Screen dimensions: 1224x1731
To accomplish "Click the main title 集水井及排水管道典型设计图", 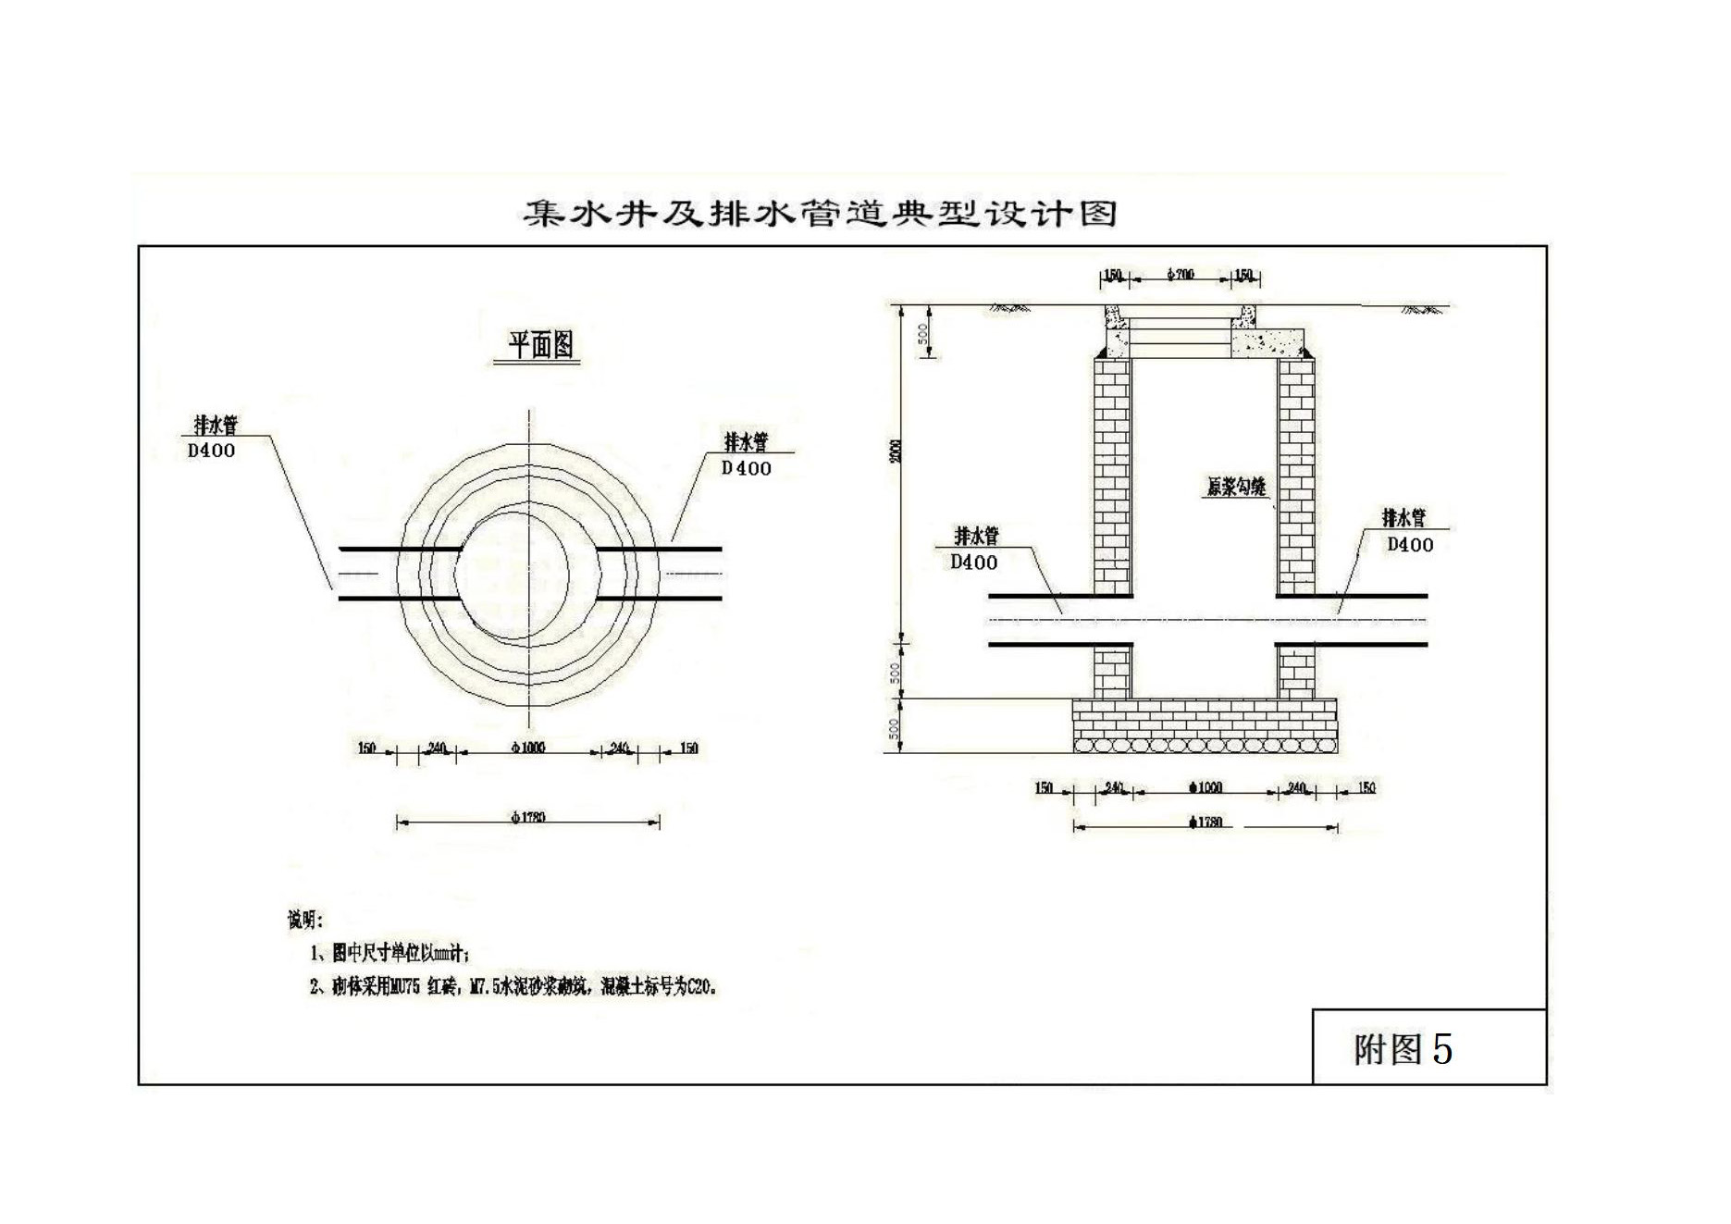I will (820, 214).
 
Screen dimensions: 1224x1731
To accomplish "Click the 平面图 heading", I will (541, 345).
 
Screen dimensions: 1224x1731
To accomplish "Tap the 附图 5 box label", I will (1403, 1049).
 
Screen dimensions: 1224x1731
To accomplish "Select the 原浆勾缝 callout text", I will (1235, 487).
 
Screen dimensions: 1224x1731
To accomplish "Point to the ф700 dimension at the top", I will (1181, 275).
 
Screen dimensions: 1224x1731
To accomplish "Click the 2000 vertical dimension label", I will (895, 451).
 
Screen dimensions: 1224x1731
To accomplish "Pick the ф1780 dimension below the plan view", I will (527, 817).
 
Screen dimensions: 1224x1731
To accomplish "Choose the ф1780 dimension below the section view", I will (1206, 822).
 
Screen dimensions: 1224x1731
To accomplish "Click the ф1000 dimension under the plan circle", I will (527, 748).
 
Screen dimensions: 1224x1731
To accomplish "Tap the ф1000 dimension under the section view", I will (1206, 787).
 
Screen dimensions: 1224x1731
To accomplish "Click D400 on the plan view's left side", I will (211, 451).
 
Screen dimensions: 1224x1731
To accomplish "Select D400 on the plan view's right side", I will (746, 468).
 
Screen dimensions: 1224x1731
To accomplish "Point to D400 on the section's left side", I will (973, 562).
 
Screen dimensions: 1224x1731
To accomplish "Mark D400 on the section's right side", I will (1409, 545).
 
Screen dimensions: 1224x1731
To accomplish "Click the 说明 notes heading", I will (304, 920).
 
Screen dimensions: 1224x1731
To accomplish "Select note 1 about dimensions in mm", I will (389, 953).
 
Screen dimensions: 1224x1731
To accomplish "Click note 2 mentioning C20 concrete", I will (513, 987).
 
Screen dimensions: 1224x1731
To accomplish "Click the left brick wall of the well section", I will (1112, 476).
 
